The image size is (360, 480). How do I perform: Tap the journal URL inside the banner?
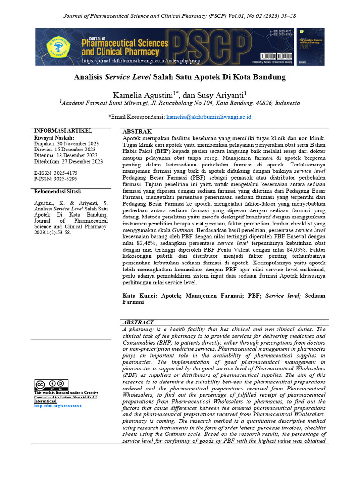[141, 61]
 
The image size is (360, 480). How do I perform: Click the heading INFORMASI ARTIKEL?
[63, 131]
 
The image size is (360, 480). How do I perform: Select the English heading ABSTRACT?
[138, 322]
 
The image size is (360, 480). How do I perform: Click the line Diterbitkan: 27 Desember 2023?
[68, 161]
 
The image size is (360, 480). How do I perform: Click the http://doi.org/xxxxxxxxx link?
[58, 406]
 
